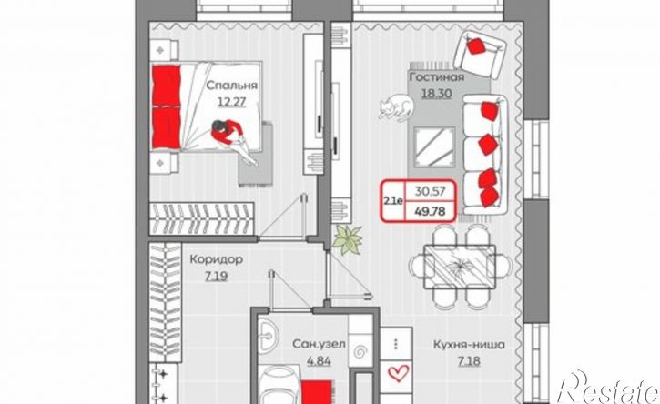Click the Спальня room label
click(x=231, y=86)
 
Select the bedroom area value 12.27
click(x=231, y=102)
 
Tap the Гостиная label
click(x=437, y=77)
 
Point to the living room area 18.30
click(x=437, y=93)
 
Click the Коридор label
click(x=217, y=259)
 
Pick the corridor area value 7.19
click(x=217, y=277)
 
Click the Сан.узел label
click(x=319, y=345)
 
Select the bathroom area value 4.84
click(x=319, y=361)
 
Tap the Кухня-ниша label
click(x=470, y=345)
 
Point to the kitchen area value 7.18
click(x=469, y=361)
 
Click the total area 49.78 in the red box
click(x=430, y=211)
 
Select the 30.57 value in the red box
click(x=430, y=191)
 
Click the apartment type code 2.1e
click(x=392, y=201)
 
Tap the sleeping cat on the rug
click(x=396, y=107)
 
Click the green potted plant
click(x=348, y=240)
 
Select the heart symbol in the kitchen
click(x=398, y=373)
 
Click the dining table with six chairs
click(x=460, y=266)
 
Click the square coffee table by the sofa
click(x=435, y=147)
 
